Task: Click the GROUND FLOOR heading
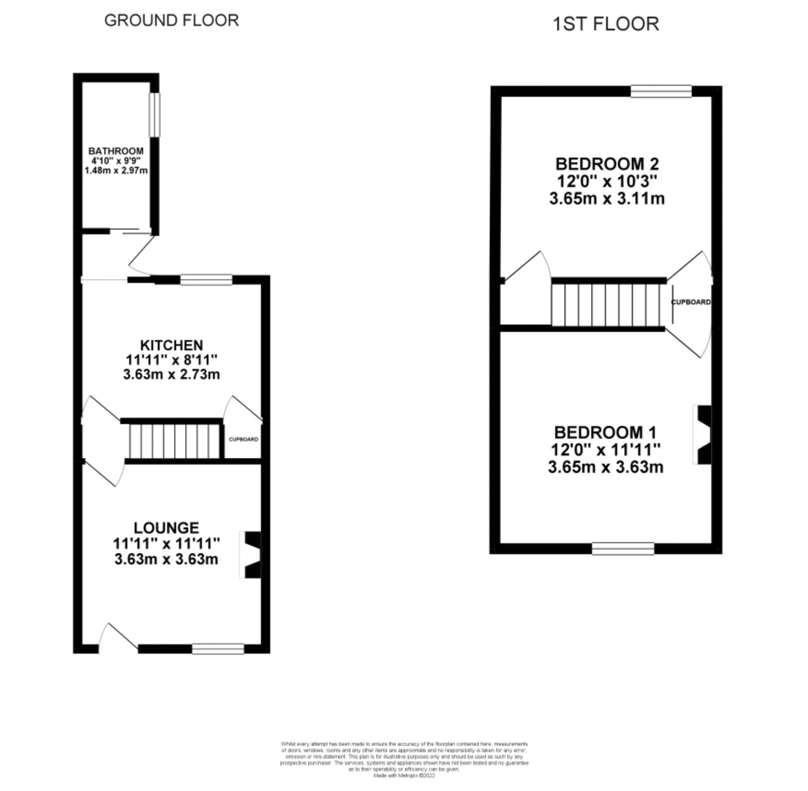coord(171,21)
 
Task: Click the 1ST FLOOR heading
coord(606,24)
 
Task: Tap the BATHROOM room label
coord(116,151)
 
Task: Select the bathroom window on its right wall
coord(155,115)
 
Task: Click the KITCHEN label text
coord(171,345)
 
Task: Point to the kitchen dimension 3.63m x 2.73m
coord(171,374)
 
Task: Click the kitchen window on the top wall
coord(206,280)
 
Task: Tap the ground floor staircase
coord(174,441)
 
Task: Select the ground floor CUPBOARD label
coord(243,439)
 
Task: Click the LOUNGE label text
coord(166,527)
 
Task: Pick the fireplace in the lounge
coord(250,555)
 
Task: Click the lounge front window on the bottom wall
coord(218,649)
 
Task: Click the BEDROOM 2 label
coord(607,164)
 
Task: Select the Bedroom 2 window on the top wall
coord(661,91)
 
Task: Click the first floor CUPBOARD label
coord(690,302)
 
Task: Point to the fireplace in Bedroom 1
coord(703,434)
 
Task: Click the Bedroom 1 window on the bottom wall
coord(623,548)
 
